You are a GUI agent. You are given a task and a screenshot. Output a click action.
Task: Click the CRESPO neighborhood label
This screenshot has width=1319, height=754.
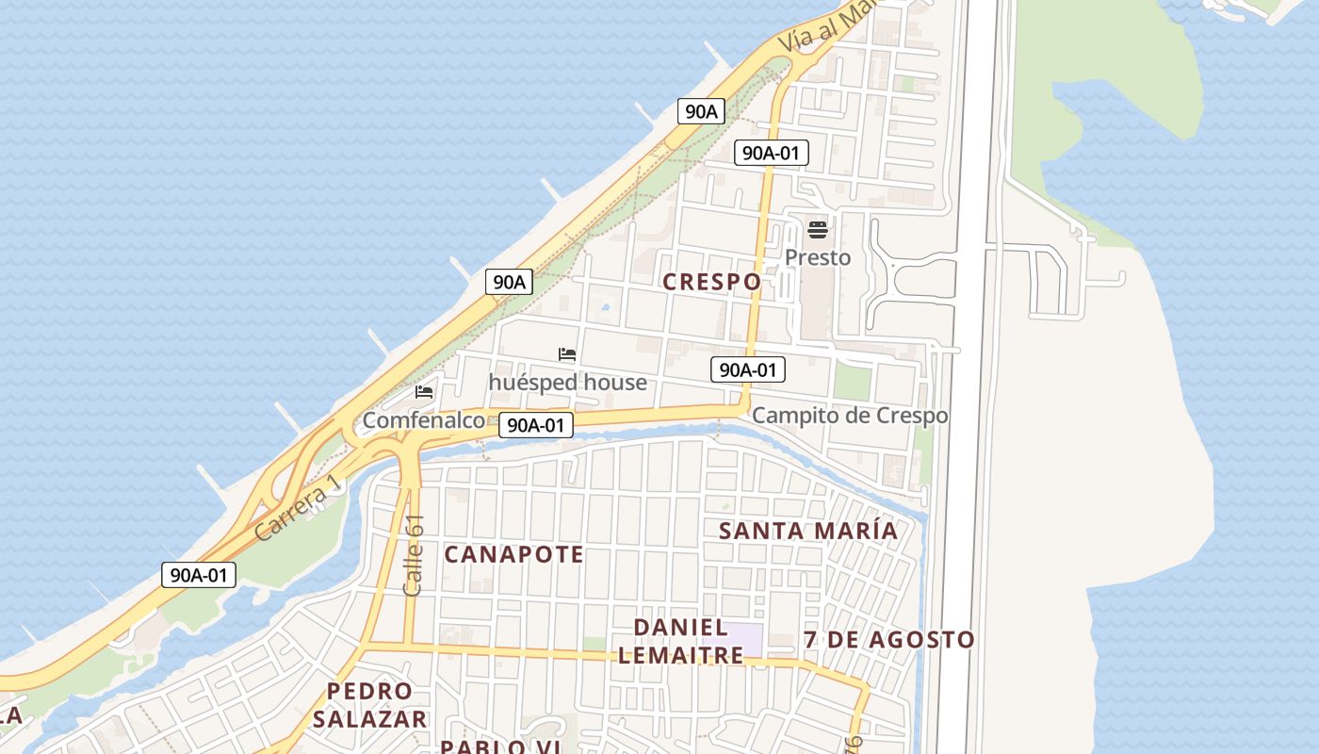(x=711, y=282)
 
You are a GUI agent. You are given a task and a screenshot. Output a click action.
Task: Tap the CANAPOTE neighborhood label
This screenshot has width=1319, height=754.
(x=513, y=554)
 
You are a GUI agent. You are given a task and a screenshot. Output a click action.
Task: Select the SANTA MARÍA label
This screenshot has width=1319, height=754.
(x=808, y=531)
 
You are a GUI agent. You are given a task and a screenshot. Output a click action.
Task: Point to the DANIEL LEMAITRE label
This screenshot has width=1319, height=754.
(x=680, y=641)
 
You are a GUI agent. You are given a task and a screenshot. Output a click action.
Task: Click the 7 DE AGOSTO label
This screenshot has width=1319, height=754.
(x=888, y=640)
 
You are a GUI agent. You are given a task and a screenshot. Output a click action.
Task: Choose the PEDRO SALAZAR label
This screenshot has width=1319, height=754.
(x=369, y=705)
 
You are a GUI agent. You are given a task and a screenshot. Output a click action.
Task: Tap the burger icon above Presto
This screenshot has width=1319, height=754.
(x=817, y=229)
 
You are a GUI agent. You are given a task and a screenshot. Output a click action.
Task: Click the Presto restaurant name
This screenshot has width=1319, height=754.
(x=817, y=257)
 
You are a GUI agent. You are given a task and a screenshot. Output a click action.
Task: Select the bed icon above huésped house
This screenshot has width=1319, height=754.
(x=566, y=354)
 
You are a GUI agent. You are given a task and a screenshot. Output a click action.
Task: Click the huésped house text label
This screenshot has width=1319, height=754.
(x=567, y=382)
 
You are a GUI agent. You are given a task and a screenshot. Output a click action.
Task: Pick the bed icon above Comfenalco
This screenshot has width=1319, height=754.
(x=424, y=391)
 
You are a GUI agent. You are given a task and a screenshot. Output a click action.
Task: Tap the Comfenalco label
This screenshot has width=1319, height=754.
(x=423, y=420)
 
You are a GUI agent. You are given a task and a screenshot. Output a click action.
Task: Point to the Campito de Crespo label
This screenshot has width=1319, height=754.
(x=850, y=416)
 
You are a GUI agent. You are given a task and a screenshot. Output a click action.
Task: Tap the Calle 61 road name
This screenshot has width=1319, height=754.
(x=413, y=555)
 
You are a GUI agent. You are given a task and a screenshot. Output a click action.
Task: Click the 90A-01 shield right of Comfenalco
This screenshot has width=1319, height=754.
(x=534, y=425)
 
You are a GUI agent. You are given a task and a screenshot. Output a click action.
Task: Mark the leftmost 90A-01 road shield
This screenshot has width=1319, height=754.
(x=198, y=575)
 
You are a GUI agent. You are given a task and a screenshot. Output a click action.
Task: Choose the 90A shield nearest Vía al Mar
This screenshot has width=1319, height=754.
(x=701, y=111)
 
